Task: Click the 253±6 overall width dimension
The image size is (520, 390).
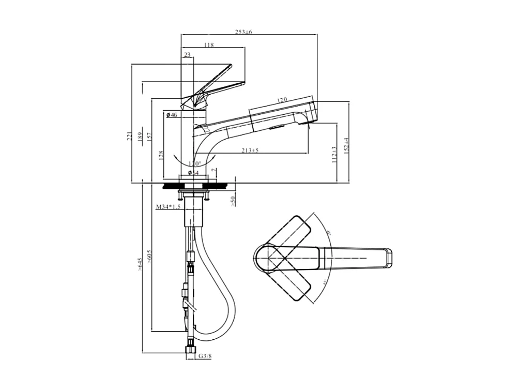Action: (x=243, y=32)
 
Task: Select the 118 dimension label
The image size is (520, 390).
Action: (x=209, y=46)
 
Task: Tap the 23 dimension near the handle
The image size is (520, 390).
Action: (x=187, y=54)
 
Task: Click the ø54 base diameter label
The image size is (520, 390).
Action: (x=193, y=172)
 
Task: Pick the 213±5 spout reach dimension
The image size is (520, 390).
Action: (x=250, y=151)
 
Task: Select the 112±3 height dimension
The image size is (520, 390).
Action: (x=334, y=154)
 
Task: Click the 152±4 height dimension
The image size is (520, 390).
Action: (x=347, y=145)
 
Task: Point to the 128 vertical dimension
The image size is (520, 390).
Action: (x=161, y=156)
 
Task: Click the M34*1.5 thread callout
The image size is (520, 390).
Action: (x=168, y=207)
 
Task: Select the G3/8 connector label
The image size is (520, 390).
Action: (x=205, y=356)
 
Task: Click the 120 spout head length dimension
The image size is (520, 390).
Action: (x=282, y=100)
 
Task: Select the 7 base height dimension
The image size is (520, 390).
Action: (x=213, y=170)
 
